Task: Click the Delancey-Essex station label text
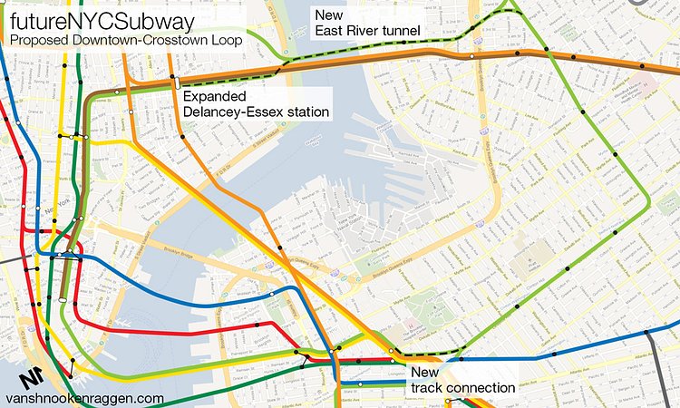point(255,112)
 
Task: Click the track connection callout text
point(462,388)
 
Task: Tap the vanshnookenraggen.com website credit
point(84,398)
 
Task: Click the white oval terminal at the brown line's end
point(62,299)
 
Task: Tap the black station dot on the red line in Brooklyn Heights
point(257,324)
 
